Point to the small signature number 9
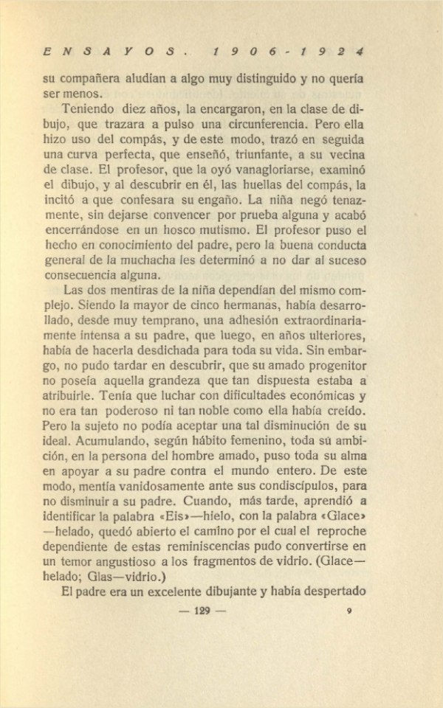349,610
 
